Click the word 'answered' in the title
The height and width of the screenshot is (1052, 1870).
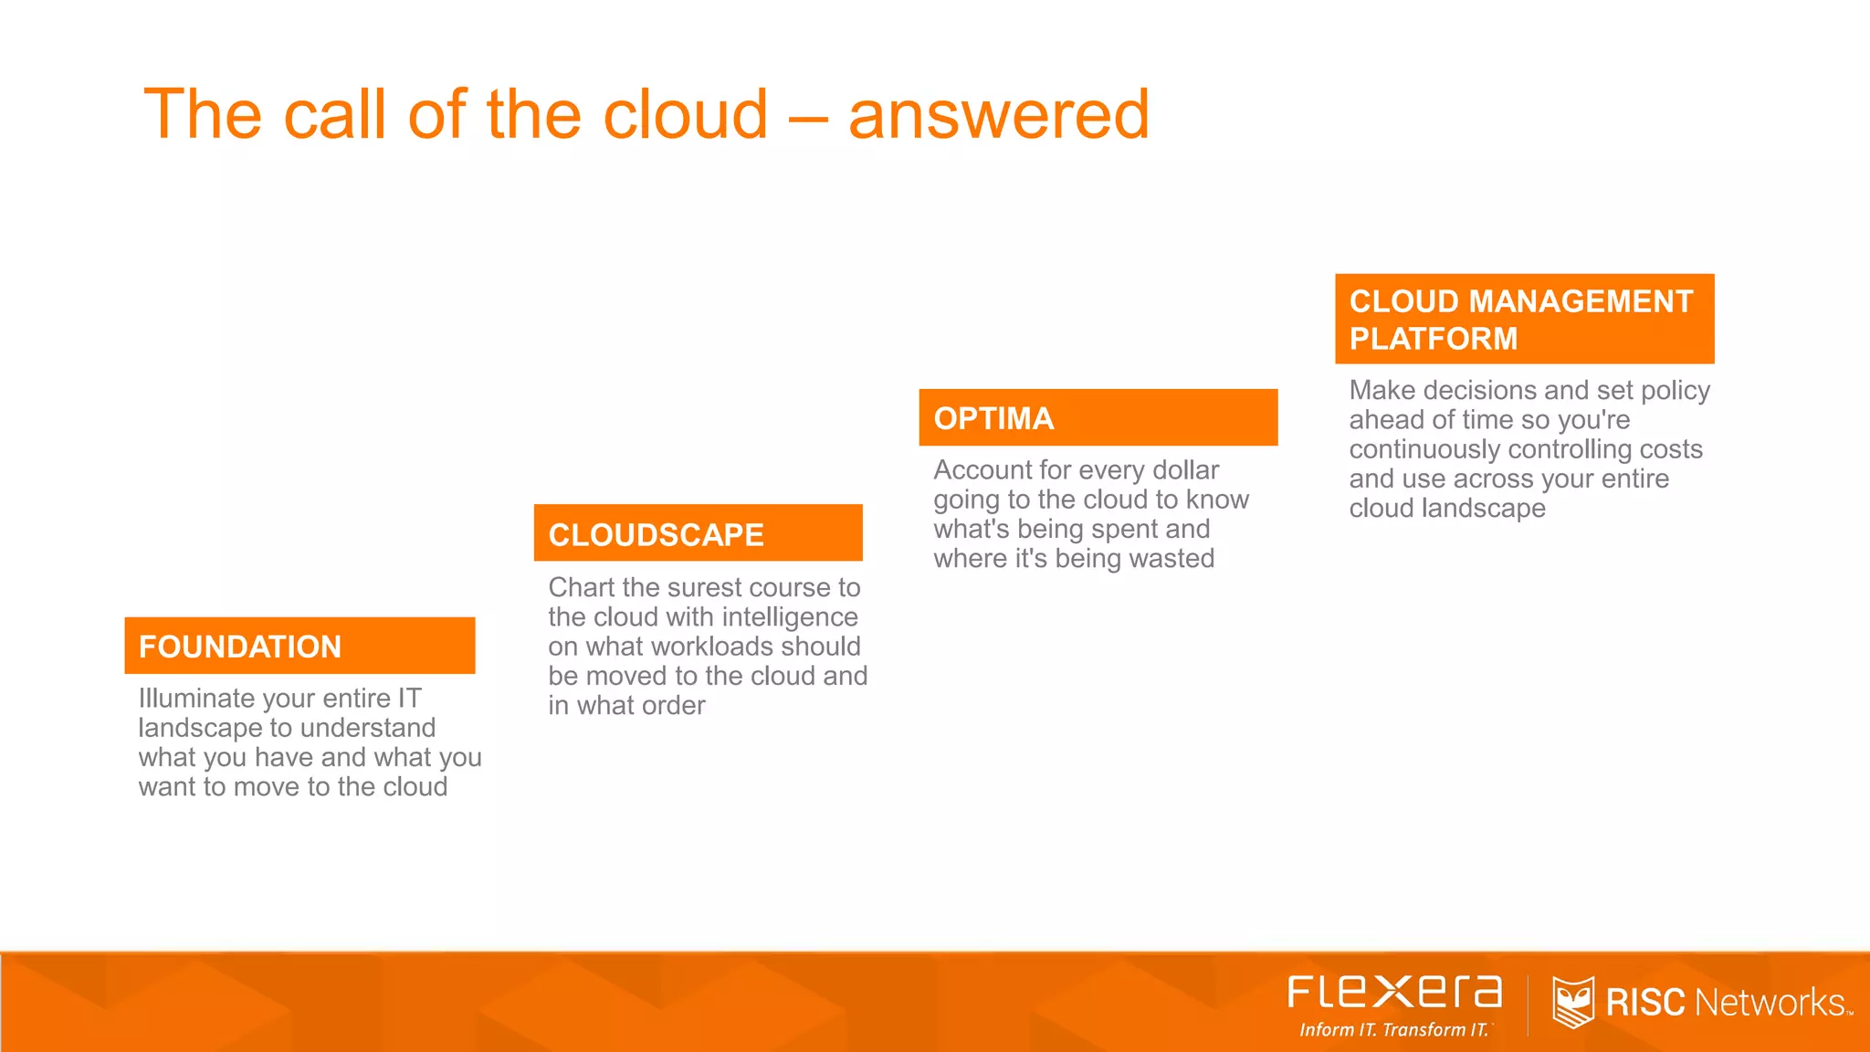click(998, 115)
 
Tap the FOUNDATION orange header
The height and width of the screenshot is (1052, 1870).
click(299, 646)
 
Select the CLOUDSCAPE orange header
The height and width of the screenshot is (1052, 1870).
click(698, 533)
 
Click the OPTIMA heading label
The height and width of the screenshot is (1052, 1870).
click(993, 418)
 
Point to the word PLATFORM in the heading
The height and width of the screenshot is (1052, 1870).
click(1433, 339)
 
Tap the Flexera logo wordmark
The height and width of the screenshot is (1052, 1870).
click(1394, 992)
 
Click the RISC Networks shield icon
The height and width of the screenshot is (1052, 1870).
click(1572, 1002)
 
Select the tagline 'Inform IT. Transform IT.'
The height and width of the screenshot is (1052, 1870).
click(1394, 1030)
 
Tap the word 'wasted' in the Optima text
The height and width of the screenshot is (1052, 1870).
click(1171, 559)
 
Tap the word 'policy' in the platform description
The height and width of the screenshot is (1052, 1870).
click(1675, 391)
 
